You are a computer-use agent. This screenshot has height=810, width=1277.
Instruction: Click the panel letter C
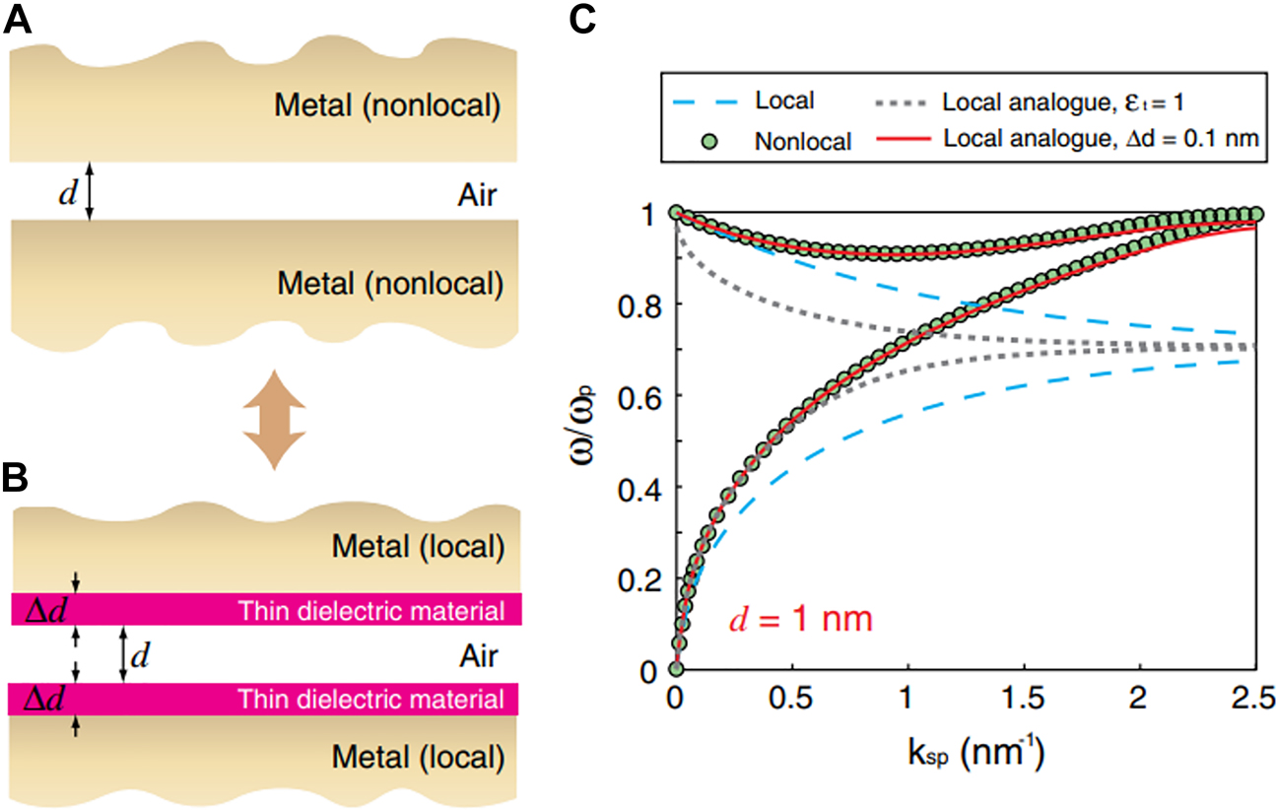(581, 20)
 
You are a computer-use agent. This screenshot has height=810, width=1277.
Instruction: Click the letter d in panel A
(66, 193)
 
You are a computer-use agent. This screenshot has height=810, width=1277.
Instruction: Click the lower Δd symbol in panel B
(39, 700)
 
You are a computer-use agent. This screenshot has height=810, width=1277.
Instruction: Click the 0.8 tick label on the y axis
(638, 304)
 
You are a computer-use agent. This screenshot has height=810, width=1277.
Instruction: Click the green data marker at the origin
(677, 669)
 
